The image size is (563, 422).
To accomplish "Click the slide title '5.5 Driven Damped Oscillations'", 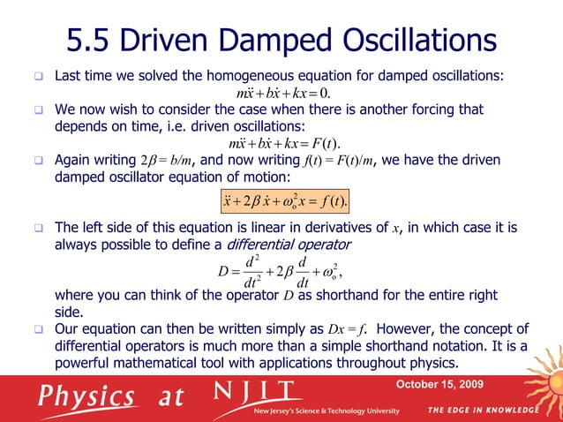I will [281, 39].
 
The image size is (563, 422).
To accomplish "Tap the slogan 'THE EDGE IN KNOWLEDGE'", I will [484, 411].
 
